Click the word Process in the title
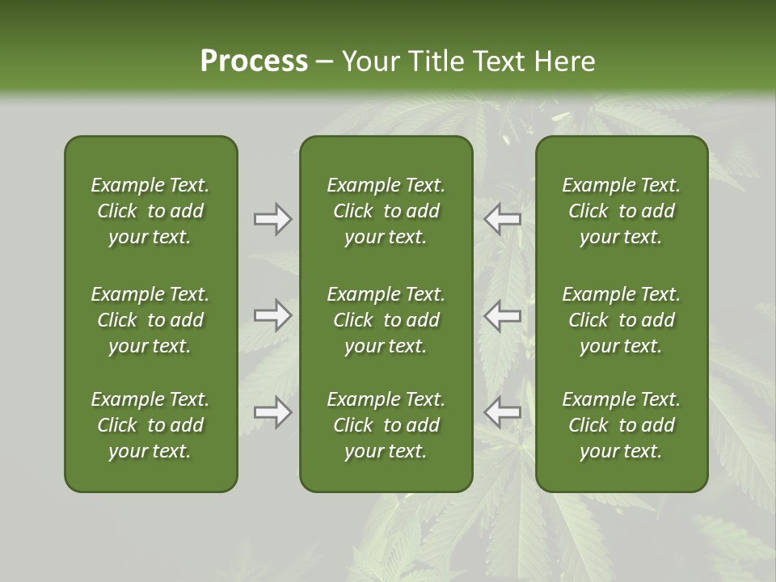click(254, 61)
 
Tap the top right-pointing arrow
click(273, 219)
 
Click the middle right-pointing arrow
click(273, 315)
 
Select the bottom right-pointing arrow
click(273, 412)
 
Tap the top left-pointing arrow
click(502, 219)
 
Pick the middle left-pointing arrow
click(502, 315)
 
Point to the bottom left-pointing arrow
click(502, 412)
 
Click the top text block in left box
click(150, 211)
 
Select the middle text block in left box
click(150, 320)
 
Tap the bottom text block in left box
click(150, 425)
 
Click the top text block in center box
click(386, 211)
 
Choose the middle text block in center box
click(386, 320)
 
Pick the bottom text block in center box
click(386, 425)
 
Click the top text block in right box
click(622, 211)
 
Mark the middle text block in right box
click(622, 320)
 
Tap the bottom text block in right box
click(622, 425)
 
